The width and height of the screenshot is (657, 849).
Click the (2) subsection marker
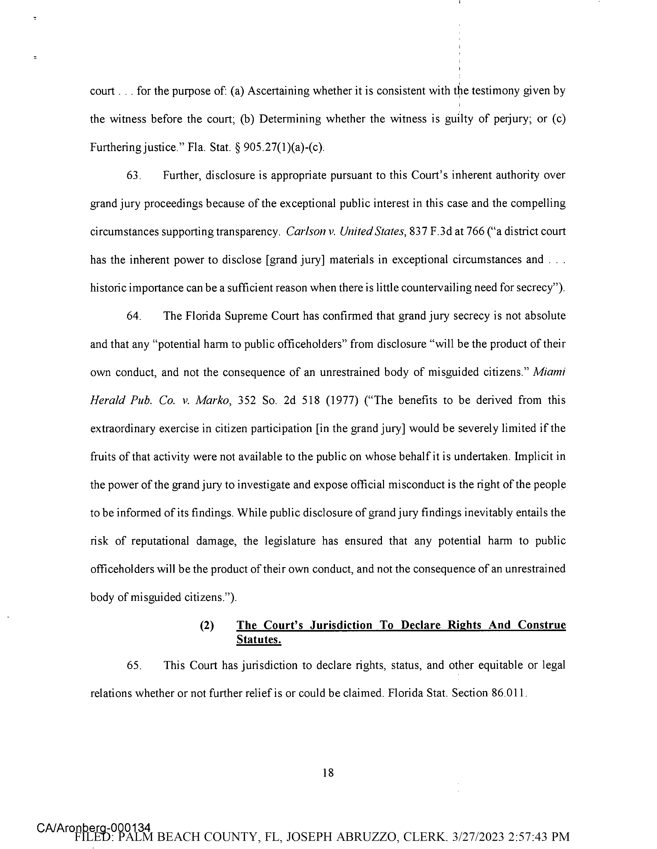206,625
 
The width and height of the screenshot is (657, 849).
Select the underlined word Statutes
259,640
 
